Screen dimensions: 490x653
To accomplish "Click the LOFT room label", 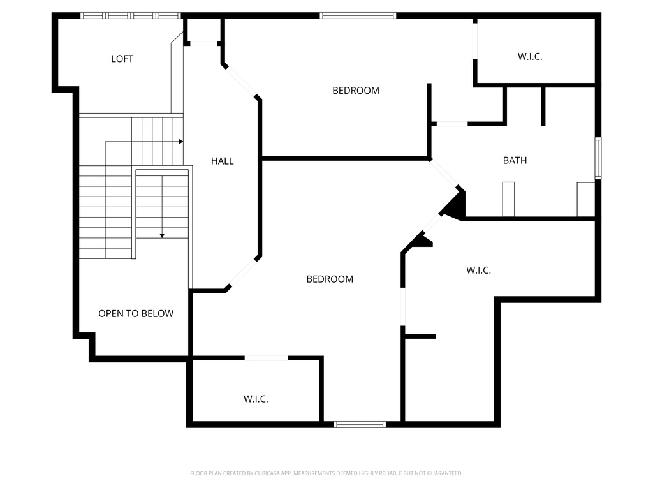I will tap(122, 59).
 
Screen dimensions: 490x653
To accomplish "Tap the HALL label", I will tap(222, 161).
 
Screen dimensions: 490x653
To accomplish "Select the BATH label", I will tap(515, 160).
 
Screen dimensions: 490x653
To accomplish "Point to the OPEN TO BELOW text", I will tap(136, 313).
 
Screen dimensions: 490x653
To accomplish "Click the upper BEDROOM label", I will tap(355, 91).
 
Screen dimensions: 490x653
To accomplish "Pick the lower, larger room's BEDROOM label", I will tap(330, 279).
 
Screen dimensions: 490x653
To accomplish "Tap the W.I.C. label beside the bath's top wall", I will tap(529, 56).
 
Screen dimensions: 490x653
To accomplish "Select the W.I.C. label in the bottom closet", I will tap(255, 399).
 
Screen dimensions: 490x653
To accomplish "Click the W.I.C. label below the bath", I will tap(478, 271).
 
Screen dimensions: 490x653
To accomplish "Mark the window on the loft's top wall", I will tap(130, 15).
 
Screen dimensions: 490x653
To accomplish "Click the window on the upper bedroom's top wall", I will tap(358, 15).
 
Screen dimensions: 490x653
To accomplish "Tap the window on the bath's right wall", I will tap(598, 158).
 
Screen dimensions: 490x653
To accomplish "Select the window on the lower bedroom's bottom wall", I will tap(360, 424).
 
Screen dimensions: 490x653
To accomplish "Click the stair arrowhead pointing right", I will tap(181, 141).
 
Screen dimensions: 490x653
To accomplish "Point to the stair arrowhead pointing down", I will tap(162, 235).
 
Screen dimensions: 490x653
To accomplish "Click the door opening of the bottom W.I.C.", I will tap(266, 358).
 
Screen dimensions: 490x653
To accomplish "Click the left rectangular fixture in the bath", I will tap(508, 199).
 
